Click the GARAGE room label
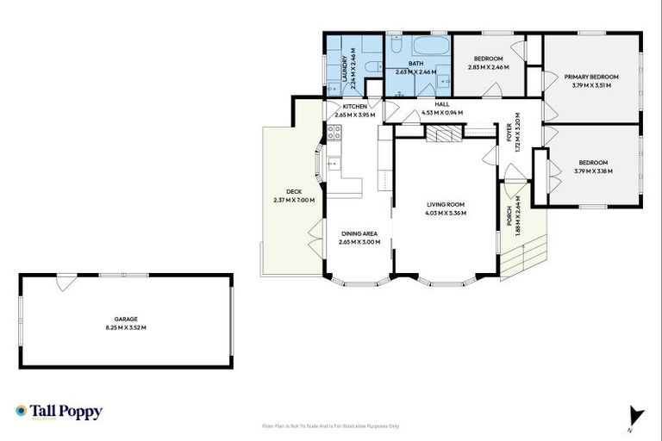point(126,319)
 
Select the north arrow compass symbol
point(636,417)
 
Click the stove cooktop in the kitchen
point(334,133)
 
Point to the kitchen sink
point(333,163)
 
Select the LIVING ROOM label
point(446,204)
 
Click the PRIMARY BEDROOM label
point(591,77)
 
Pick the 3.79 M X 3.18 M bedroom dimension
point(593,171)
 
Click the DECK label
point(293,192)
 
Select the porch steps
point(526,254)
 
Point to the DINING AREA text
point(359,233)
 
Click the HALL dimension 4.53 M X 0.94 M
point(442,113)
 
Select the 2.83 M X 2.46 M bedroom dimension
point(489,67)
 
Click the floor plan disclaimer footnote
point(331,425)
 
